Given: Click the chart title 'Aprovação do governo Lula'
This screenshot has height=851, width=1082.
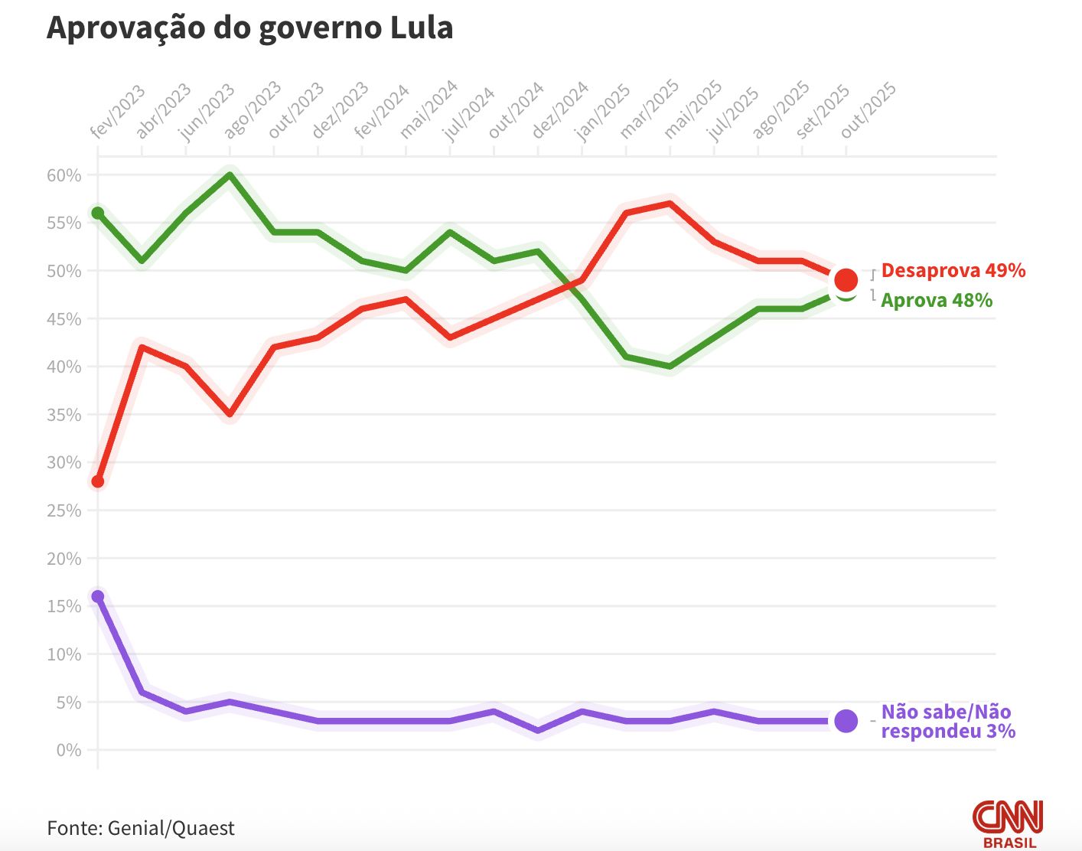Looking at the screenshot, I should click(250, 28).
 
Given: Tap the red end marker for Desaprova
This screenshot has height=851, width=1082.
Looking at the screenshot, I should click(846, 279).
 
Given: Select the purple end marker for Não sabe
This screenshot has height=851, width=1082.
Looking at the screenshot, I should click(846, 721).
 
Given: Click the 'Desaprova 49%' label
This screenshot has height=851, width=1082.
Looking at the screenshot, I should click(953, 270).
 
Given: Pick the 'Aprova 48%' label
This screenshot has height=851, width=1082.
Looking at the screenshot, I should click(937, 300).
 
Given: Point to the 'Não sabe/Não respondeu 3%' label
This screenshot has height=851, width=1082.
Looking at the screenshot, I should click(947, 721).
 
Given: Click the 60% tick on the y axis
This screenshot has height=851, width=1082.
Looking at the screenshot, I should click(64, 175).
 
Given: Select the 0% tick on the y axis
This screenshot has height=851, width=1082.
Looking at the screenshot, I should click(68, 750).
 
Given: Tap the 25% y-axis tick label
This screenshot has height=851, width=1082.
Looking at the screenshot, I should click(64, 510).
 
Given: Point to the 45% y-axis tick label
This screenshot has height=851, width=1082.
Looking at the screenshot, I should click(64, 319).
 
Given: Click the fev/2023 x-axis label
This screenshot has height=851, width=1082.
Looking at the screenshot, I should click(117, 112).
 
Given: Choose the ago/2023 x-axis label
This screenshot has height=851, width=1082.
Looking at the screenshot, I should click(253, 109).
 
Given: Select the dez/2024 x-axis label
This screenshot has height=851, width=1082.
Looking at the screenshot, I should click(560, 109).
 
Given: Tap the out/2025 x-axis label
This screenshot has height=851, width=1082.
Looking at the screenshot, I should click(869, 110).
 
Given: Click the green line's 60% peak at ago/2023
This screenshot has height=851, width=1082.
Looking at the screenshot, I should click(230, 174).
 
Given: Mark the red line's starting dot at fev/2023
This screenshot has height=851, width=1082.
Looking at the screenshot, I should click(98, 481).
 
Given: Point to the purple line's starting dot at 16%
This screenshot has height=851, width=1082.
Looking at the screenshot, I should click(98, 596).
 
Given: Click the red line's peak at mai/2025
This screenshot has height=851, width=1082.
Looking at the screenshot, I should click(670, 204).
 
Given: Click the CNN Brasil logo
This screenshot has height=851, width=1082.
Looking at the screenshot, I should click(1008, 823).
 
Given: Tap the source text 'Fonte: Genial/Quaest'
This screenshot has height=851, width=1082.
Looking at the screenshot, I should click(141, 828).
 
